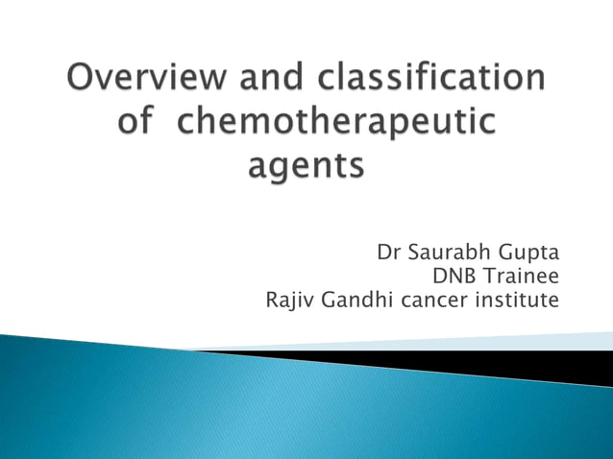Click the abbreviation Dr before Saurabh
(x=389, y=254)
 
